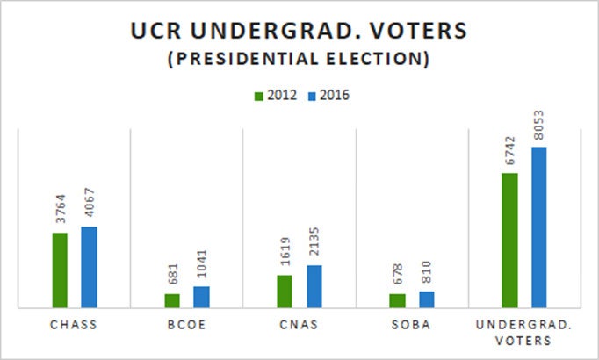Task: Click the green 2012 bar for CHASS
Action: point(60,270)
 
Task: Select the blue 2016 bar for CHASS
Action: point(89,267)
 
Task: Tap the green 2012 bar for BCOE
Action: point(172,300)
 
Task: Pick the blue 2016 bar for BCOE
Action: point(201,297)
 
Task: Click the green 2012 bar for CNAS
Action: point(285,292)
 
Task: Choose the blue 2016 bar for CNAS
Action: point(314,286)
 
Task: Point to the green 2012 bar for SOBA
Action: point(397,300)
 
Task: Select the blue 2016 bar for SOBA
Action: point(426,299)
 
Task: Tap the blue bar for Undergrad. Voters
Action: point(538,227)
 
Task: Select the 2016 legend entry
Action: point(326,95)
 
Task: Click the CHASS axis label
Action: point(74,324)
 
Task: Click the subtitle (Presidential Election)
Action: point(299,61)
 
